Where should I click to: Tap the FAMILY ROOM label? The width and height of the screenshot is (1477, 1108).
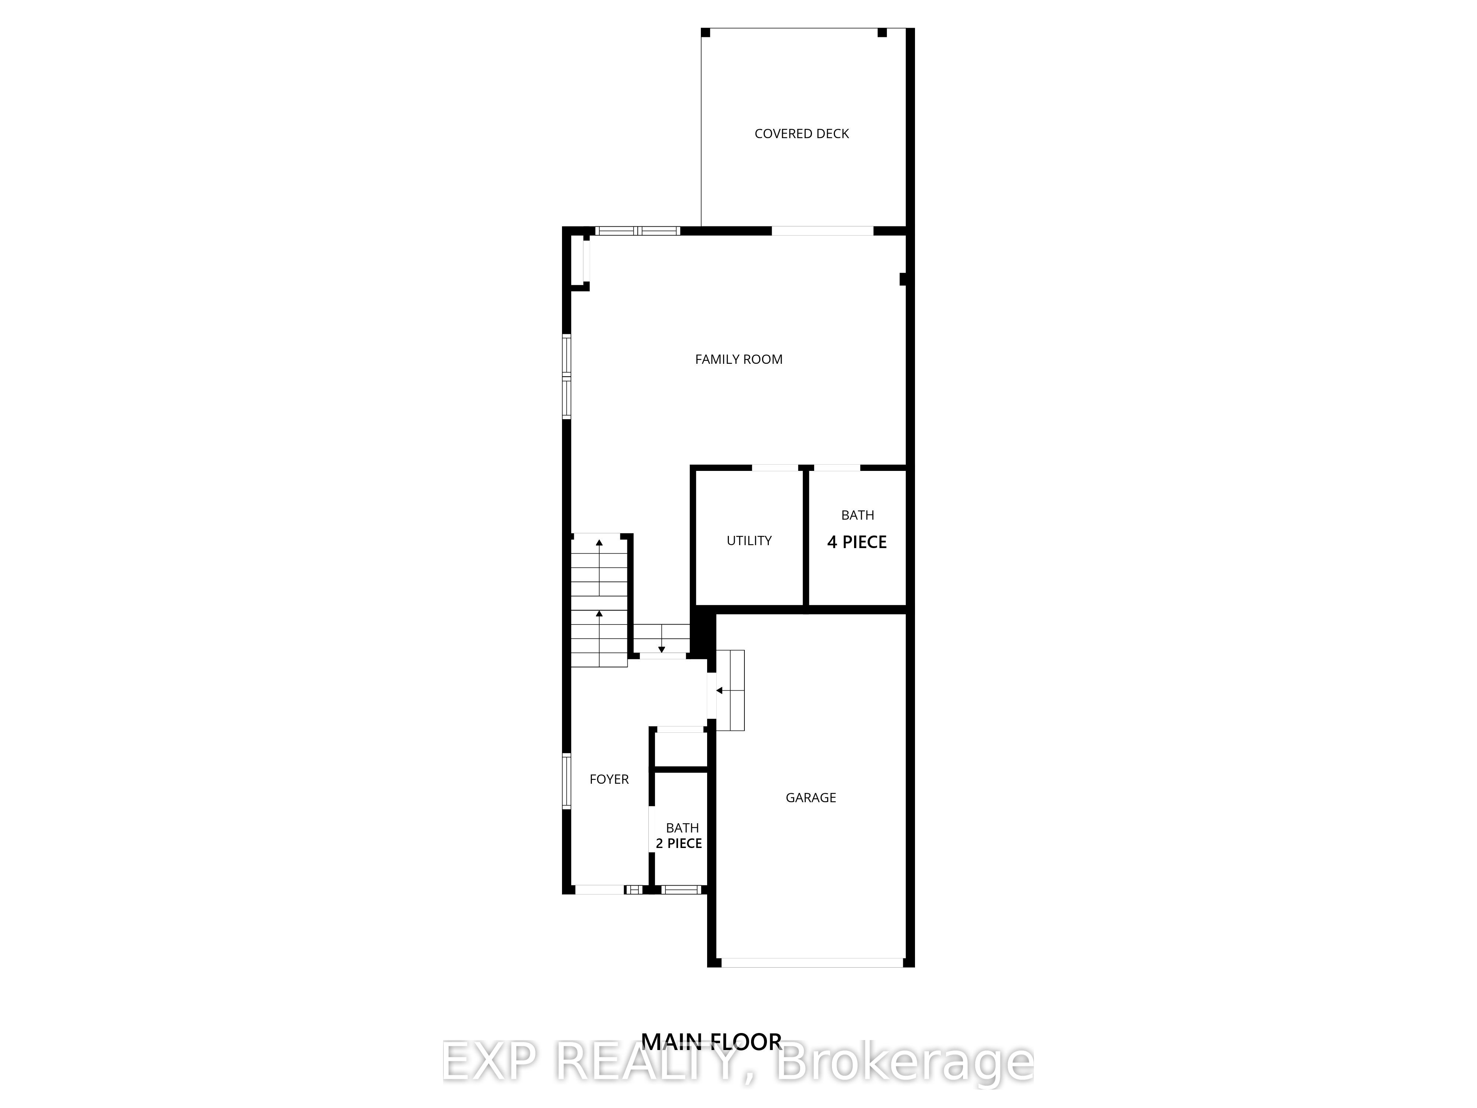point(738,359)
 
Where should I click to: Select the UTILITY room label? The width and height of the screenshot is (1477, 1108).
point(749,540)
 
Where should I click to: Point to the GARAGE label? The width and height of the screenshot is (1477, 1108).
point(811,797)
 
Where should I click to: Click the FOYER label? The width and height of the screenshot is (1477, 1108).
point(609,779)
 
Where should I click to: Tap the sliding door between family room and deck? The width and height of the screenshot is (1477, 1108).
point(823,231)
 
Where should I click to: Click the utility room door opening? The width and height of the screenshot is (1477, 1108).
point(775,468)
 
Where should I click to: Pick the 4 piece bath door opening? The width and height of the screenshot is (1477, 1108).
point(837,468)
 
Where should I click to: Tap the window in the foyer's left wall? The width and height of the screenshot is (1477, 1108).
point(567,782)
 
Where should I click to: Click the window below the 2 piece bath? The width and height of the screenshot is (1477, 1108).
point(681,889)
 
